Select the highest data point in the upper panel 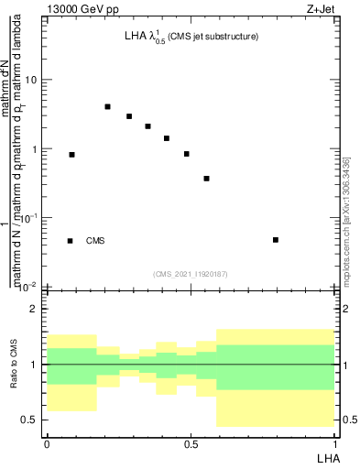coord(107,106)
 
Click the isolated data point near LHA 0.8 coord(276,240)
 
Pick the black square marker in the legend coord(71,241)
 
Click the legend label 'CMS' coord(95,241)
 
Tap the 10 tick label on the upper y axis coord(31,80)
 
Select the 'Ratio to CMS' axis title coord(14,365)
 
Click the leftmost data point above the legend coord(72,155)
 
